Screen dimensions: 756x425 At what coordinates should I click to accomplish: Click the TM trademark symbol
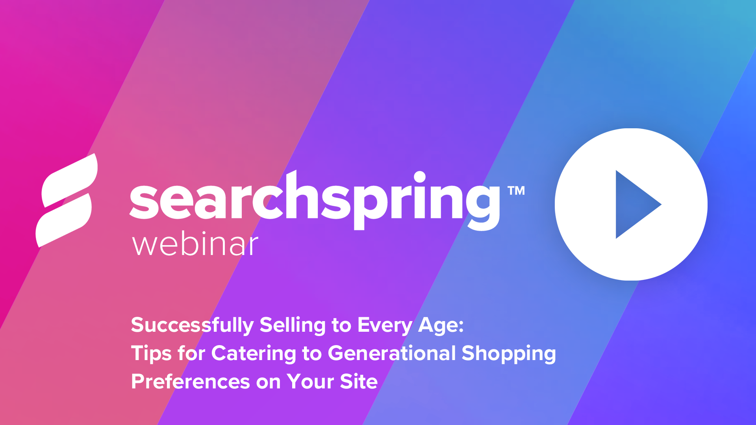pos(516,191)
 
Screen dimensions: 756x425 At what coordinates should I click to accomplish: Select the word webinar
pos(195,244)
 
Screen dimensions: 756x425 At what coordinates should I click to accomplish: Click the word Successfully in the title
pos(193,325)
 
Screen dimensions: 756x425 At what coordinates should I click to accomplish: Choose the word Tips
pos(151,353)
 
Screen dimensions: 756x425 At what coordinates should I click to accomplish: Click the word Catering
pos(254,353)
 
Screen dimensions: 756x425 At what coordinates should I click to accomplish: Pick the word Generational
pos(392,353)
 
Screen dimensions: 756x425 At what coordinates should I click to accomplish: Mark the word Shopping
pos(509,353)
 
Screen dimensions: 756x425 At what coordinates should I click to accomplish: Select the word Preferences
pos(191,381)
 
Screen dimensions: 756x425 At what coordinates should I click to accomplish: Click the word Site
pos(359,381)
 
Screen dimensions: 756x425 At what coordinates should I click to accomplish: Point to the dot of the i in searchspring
pos(420,177)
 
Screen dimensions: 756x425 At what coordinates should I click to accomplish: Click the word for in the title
pos(191,353)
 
